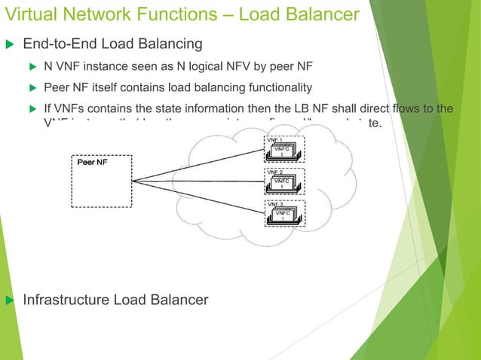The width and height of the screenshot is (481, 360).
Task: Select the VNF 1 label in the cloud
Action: (x=274, y=140)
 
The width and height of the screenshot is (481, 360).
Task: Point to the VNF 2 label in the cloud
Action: (x=274, y=172)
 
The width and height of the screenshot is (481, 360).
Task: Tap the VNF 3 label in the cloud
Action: (x=274, y=204)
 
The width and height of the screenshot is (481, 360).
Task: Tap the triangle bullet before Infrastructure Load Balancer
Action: (x=10, y=301)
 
